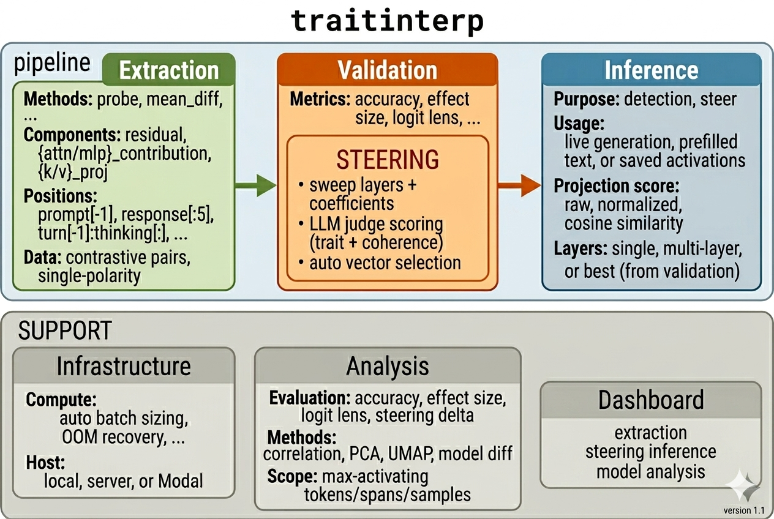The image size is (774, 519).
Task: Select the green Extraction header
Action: pos(168,70)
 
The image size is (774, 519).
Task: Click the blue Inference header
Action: pos(652,70)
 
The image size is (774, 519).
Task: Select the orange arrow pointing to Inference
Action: pos(520,184)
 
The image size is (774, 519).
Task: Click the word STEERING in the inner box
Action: pos(388,160)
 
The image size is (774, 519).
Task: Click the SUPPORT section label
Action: pos(65,331)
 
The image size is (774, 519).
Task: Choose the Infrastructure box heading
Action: pos(124,366)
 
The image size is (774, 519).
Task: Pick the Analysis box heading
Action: pos(388,366)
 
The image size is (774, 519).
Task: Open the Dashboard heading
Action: pos(651,400)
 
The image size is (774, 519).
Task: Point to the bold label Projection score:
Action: pos(617,186)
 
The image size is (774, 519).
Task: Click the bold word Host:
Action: pos(45,461)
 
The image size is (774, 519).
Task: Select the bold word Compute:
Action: pos(61,400)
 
